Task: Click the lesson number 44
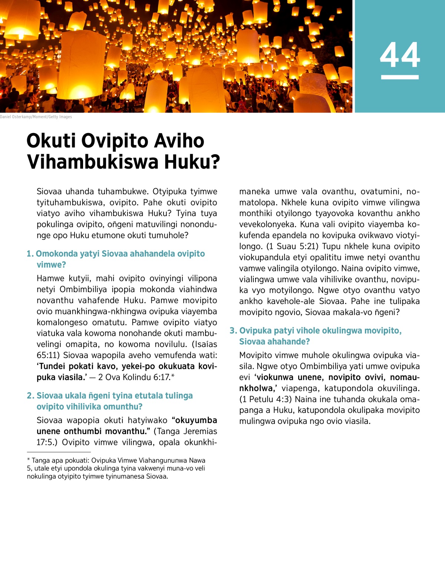400,55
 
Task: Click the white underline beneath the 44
400,77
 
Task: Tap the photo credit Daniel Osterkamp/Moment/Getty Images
36,117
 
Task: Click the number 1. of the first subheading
30,254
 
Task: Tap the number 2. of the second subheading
30,396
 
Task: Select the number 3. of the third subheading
233,331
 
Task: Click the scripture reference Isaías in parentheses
205,344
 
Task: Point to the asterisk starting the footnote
29,460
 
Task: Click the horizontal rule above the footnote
59,452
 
